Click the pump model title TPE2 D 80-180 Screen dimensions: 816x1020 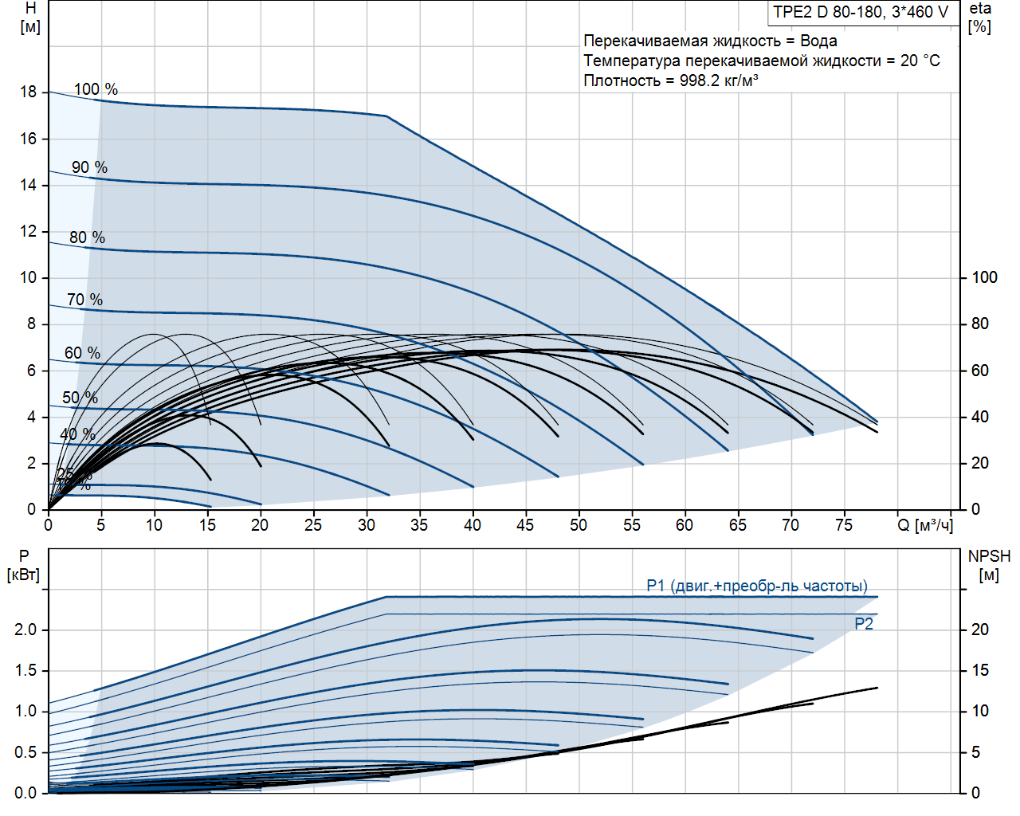point(861,12)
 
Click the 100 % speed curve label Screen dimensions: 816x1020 point(96,89)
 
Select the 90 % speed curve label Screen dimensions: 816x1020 point(89,167)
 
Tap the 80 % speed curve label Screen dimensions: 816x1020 point(87,237)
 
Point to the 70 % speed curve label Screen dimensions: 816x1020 point(84,300)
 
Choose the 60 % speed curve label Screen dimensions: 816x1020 point(82,353)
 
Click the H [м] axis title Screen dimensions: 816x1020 point(30,18)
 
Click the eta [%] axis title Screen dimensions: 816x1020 point(980,18)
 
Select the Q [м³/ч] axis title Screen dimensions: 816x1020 point(925,525)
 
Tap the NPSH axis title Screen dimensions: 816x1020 point(989,565)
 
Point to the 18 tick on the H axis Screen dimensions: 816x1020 point(29,92)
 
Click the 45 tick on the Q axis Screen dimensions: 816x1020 point(525,525)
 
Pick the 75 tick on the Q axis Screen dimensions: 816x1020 point(844,525)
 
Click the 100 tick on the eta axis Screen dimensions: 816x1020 point(984,277)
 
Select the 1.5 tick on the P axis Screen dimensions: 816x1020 point(25,670)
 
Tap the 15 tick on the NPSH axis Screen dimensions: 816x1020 point(979,670)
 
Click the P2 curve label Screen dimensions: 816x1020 point(864,624)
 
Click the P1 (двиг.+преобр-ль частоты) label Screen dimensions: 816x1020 point(757,586)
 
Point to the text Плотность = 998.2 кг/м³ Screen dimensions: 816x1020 point(671,80)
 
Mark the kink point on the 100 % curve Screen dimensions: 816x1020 point(386,116)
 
